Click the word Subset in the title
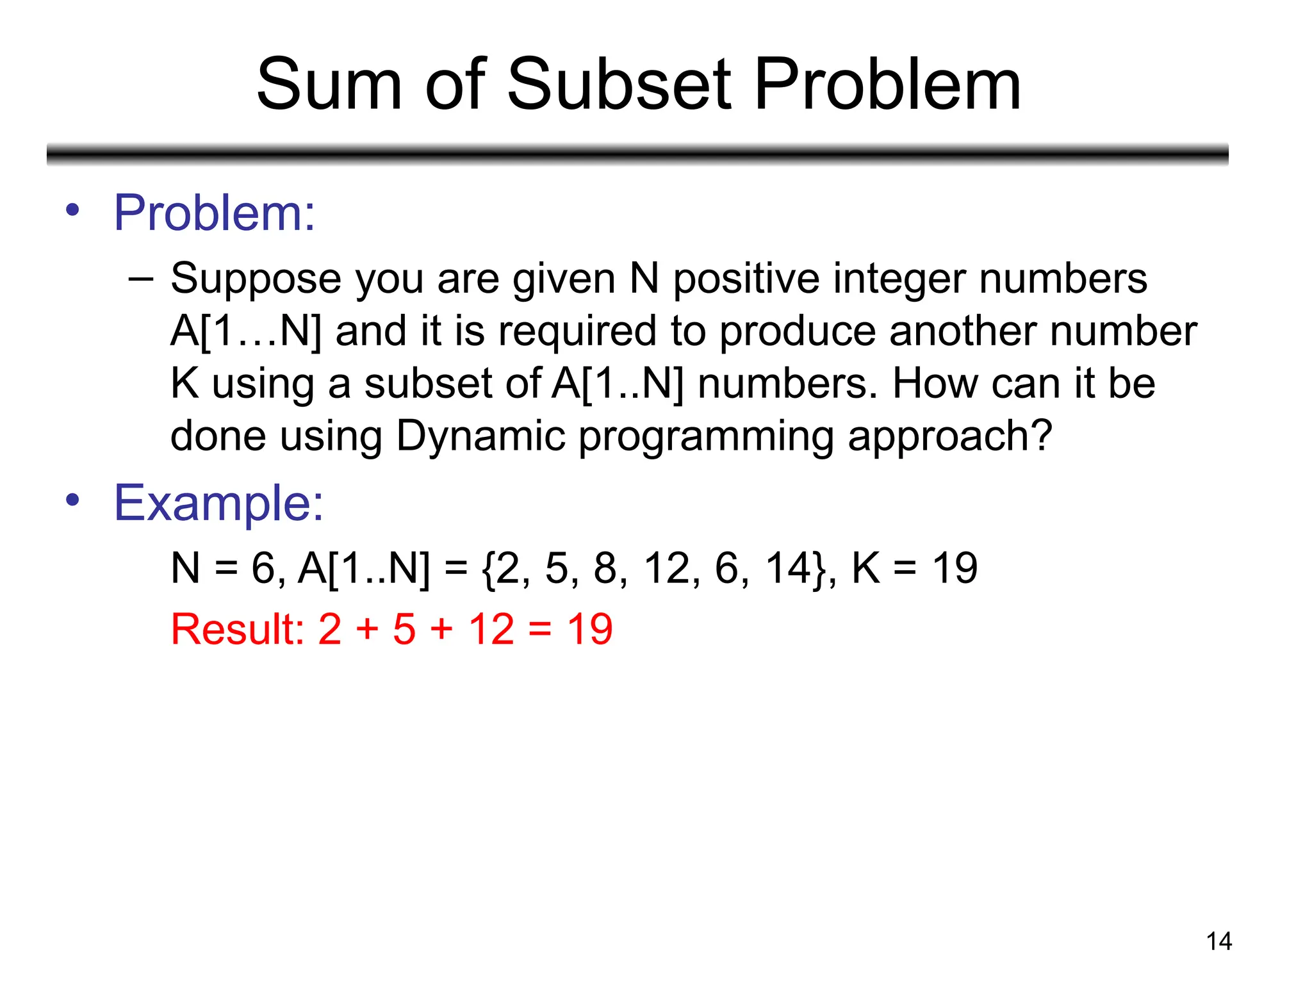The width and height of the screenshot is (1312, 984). point(619,85)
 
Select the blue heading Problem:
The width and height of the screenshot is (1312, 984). point(215,213)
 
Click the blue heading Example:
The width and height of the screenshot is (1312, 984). point(218,503)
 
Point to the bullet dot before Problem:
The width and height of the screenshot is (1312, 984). point(73,209)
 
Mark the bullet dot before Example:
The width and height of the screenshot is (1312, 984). point(73,500)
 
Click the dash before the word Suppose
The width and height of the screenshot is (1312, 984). point(140,279)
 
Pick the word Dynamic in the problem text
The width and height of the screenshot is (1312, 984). point(480,436)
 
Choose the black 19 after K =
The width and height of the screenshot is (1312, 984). point(955,568)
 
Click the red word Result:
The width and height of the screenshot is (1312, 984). point(237,629)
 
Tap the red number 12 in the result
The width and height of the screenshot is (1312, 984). point(491,629)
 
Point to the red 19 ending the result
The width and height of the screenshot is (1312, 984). point(589,629)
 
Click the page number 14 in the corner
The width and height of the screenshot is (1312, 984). point(1218,941)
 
